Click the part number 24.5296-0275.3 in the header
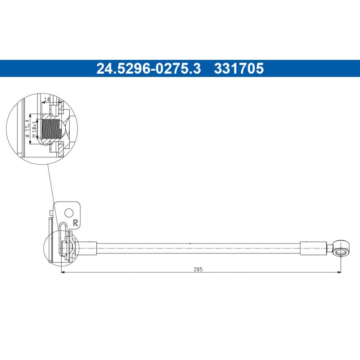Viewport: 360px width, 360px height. click(148, 68)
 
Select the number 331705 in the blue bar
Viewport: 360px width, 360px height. click(239, 68)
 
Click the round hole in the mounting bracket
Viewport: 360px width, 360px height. click(69, 212)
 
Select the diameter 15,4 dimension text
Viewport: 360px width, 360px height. click(28, 128)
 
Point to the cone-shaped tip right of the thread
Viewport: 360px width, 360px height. click(65, 127)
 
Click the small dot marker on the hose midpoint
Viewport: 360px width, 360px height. click(190, 243)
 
